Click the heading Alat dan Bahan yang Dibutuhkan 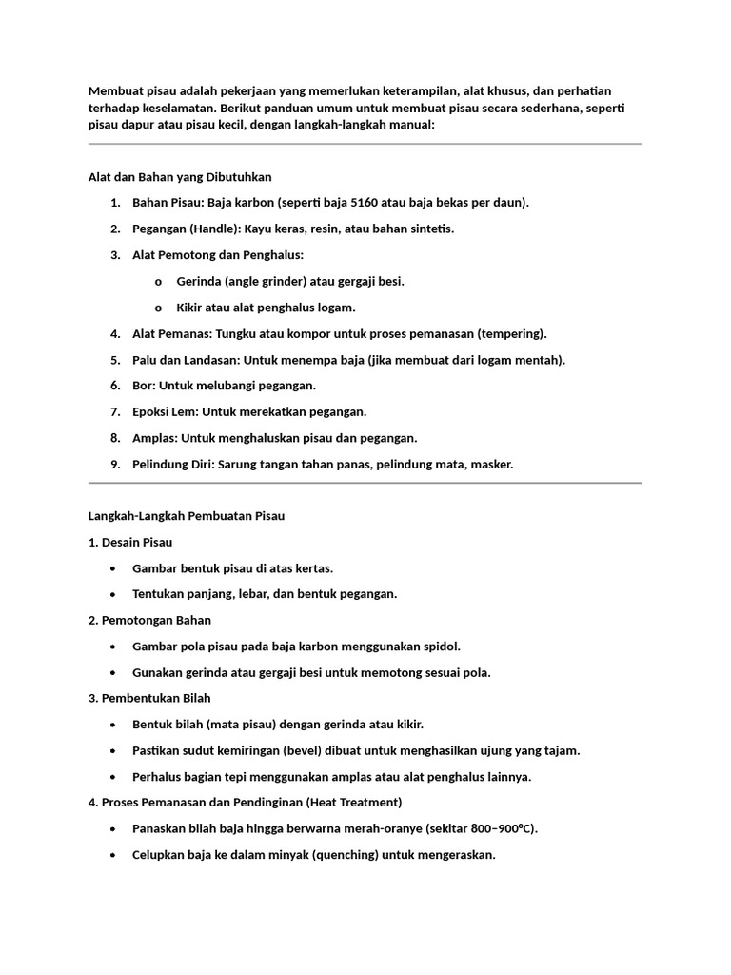[180, 177]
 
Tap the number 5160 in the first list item [367, 203]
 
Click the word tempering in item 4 [512, 334]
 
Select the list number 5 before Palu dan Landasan [114, 360]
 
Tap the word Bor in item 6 [143, 386]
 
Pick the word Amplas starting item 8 [154, 438]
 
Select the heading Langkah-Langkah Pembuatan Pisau [187, 516]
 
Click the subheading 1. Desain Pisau [130, 542]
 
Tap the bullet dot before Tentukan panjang [114, 594]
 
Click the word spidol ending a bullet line [442, 647]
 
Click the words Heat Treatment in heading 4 [359, 803]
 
